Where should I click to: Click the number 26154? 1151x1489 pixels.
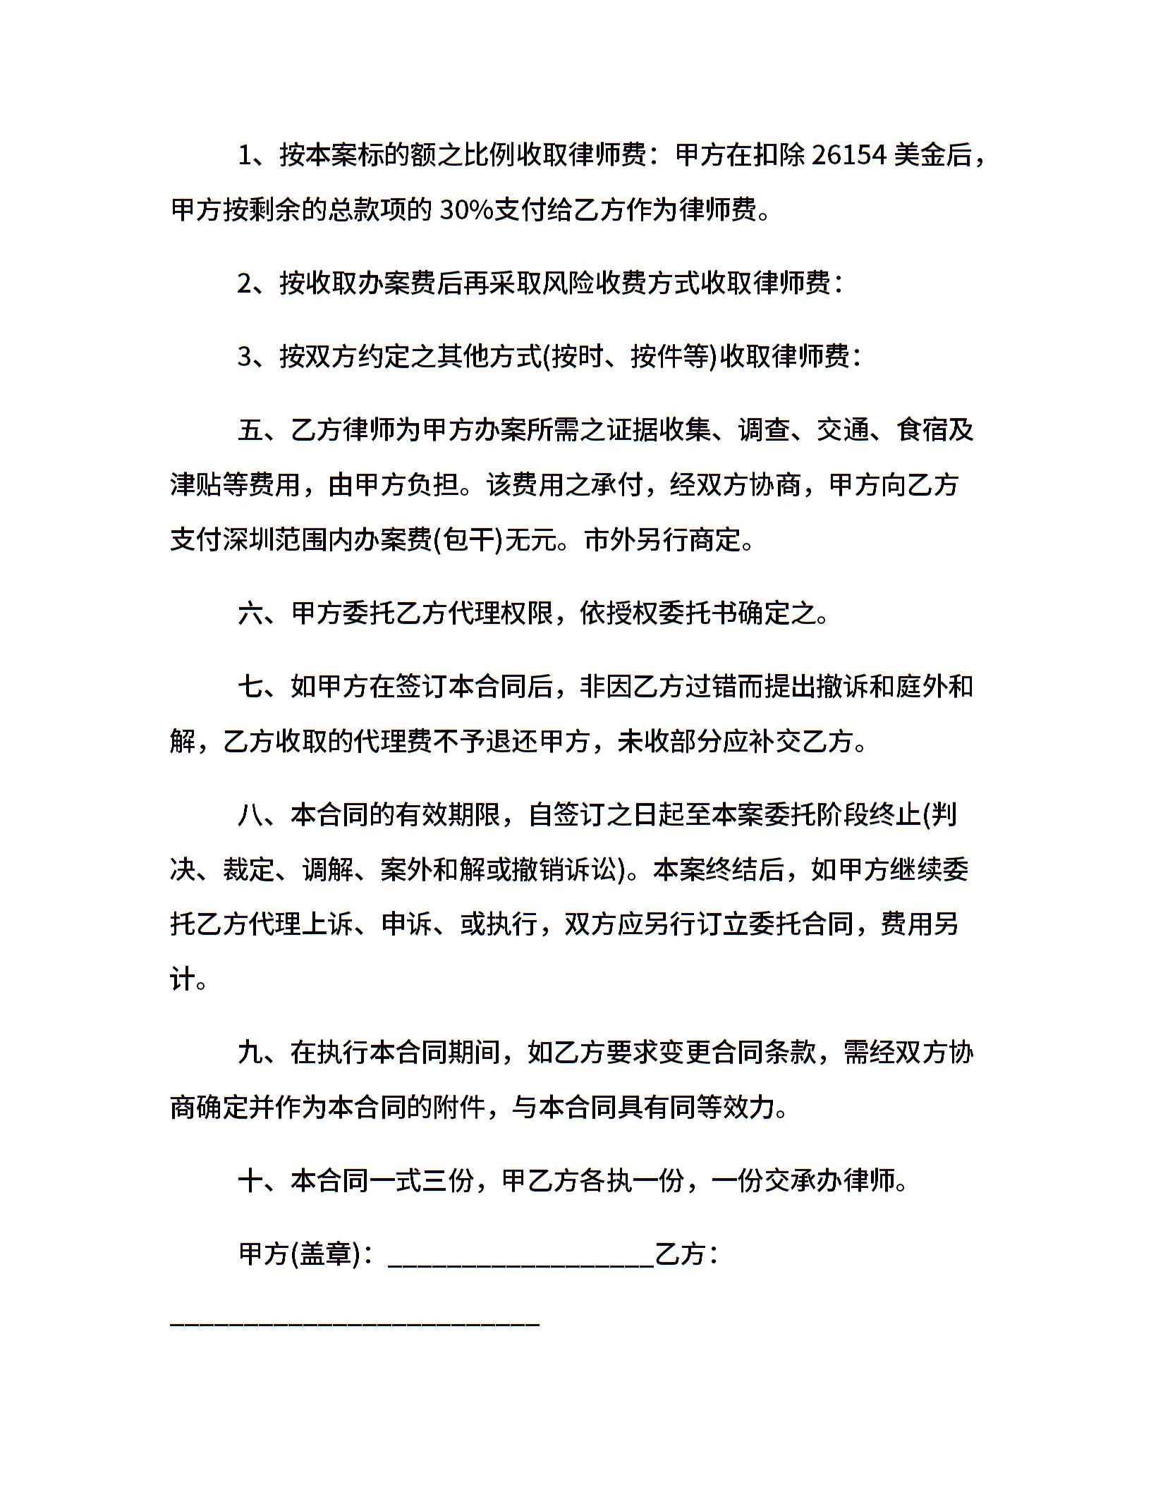[848, 155]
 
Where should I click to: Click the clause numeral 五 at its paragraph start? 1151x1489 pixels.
[250, 430]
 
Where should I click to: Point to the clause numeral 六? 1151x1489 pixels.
[250, 614]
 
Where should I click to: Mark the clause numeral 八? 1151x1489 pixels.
[250, 815]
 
